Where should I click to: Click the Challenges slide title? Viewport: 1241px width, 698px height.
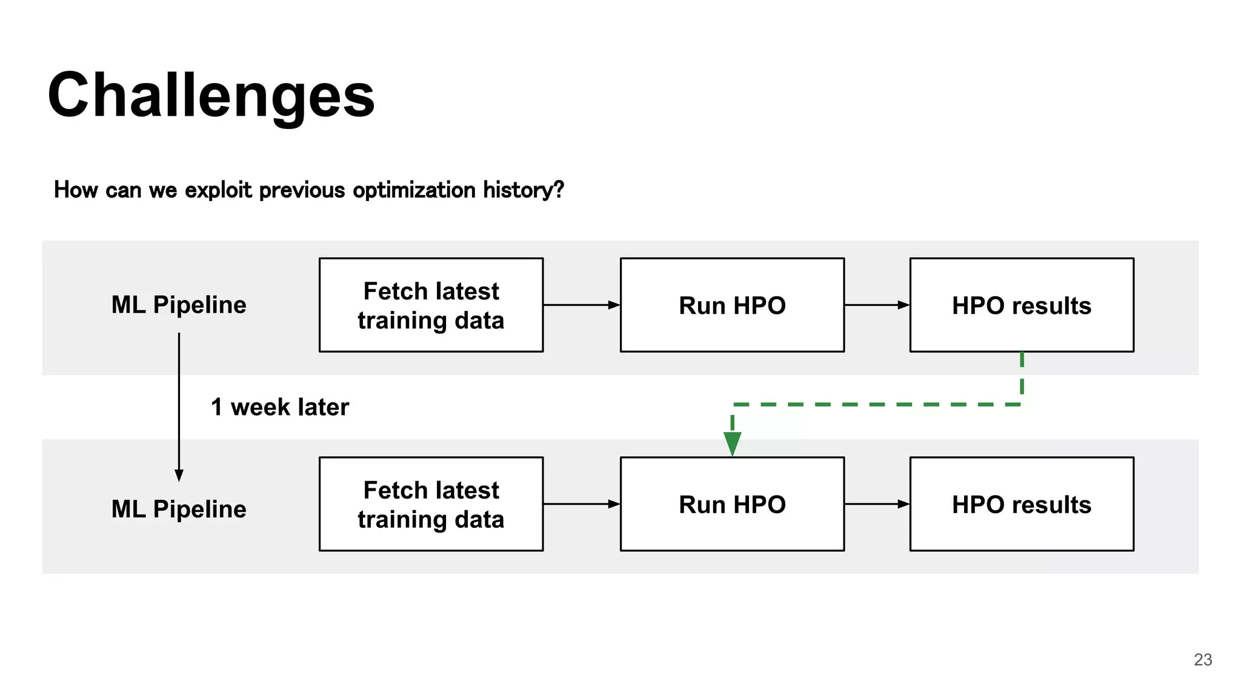pyautogui.click(x=211, y=96)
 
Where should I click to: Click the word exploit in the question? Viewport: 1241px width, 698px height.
pyautogui.click(x=218, y=190)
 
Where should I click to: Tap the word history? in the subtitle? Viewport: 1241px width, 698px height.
pyautogui.click(x=523, y=190)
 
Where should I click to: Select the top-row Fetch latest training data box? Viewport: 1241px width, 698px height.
pyautogui.click(x=431, y=305)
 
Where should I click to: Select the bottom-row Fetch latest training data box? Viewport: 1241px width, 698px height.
pyautogui.click(x=431, y=504)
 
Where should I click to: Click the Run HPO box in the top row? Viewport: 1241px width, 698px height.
pyautogui.click(x=732, y=305)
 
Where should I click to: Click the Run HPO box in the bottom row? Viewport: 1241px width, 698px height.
pyautogui.click(x=732, y=504)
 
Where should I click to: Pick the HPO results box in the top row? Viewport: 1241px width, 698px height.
pyautogui.click(x=1022, y=305)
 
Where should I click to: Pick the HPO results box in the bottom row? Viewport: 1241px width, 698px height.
pyautogui.click(x=1022, y=504)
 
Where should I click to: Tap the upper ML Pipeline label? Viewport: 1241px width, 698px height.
pyautogui.click(x=179, y=305)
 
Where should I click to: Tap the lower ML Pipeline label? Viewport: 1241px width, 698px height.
pyautogui.click(x=179, y=509)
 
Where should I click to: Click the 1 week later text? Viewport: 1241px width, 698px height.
pyautogui.click(x=280, y=407)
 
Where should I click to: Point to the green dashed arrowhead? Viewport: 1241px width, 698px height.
pyautogui.click(x=733, y=443)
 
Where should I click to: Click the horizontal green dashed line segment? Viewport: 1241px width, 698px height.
pyautogui.click(x=879, y=404)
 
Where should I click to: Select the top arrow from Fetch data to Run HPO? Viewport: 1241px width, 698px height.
pyautogui.click(x=582, y=305)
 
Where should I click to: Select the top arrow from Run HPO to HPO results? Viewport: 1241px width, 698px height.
pyautogui.click(x=877, y=305)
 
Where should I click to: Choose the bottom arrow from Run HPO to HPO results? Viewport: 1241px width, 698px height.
pyautogui.click(x=877, y=504)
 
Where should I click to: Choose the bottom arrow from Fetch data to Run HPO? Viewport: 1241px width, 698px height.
pyautogui.click(x=582, y=504)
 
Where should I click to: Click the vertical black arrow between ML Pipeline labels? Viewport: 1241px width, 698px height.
pyautogui.click(x=179, y=406)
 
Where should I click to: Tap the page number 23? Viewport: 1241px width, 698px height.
pyautogui.click(x=1203, y=660)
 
